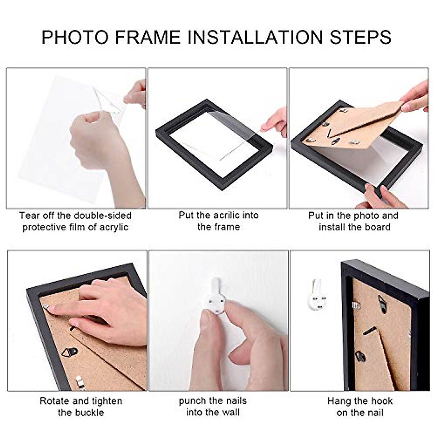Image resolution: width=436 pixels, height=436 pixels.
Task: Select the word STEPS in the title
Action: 360,37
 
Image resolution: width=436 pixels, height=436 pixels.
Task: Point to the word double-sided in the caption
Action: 102,215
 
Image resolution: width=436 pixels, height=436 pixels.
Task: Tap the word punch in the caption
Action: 191,401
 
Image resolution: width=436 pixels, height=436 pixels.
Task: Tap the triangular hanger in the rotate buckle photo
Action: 70,352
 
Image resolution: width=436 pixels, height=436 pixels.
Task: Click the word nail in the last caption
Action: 375,412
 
